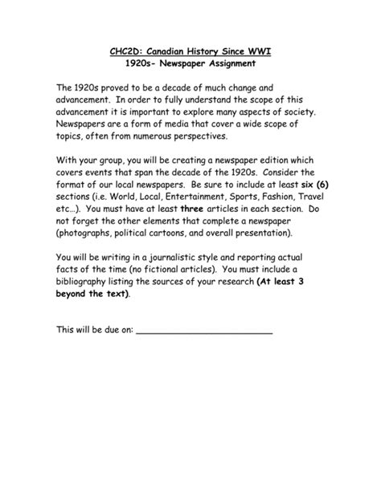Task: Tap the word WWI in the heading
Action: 256,52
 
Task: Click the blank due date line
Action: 204,331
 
